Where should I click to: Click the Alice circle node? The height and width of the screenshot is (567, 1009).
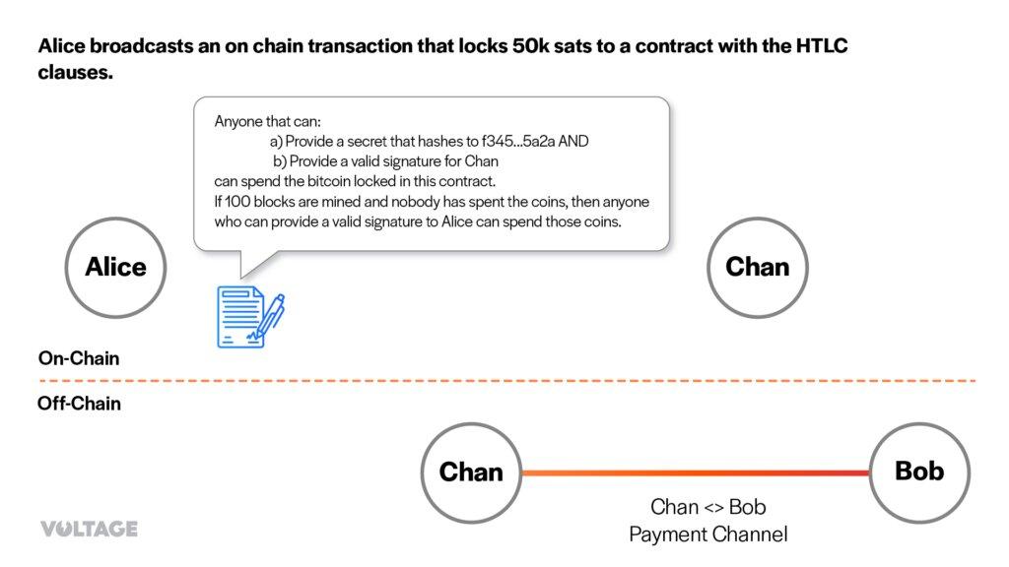tap(115, 267)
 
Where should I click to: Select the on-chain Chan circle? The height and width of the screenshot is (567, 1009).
tap(757, 267)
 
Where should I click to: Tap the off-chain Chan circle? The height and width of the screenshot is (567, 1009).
tap(470, 472)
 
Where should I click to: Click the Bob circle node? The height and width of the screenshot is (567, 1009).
tap(918, 472)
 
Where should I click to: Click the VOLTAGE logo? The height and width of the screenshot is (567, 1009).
tap(89, 529)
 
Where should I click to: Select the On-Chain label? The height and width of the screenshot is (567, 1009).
tap(79, 358)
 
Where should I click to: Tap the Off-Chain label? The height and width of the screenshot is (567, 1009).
tap(79, 403)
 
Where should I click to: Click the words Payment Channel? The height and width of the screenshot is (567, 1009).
tap(708, 535)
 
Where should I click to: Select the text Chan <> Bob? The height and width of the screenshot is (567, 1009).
tap(708, 507)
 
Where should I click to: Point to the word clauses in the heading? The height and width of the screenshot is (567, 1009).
tap(74, 72)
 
